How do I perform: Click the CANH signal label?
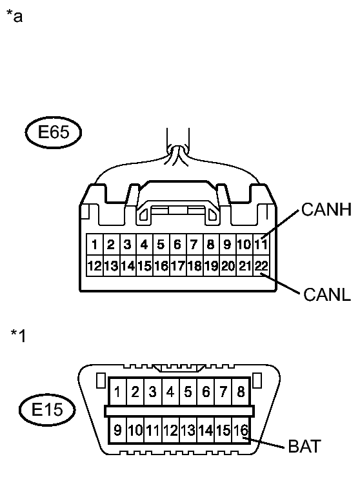coord(326,209)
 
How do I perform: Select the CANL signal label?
coord(327,294)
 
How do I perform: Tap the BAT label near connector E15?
coord(305,446)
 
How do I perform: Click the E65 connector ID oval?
coord(53,132)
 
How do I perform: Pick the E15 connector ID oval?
coord(47,410)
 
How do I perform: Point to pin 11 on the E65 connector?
coord(261,244)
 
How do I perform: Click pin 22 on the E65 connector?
coord(261,265)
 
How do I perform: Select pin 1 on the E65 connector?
coord(94,244)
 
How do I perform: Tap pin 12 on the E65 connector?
coord(94,265)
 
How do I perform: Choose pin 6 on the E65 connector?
coord(177,244)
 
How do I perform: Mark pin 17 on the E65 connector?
coord(177,265)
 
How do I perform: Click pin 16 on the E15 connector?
coord(241,431)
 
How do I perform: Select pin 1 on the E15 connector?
coord(117,392)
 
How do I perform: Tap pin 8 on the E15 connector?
coord(241,392)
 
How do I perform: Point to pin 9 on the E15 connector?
coord(117,431)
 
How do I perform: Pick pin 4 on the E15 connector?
coord(170,392)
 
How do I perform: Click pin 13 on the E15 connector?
coord(188,431)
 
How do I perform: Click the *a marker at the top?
coord(14,16)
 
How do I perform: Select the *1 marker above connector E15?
coord(18,336)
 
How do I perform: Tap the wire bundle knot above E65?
coord(177,154)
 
